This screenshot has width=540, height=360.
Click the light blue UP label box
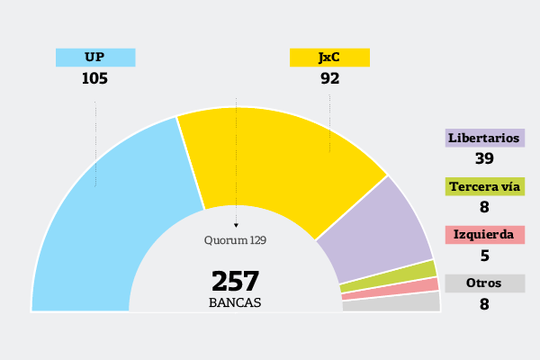(95, 58)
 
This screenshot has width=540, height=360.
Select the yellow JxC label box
(329, 58)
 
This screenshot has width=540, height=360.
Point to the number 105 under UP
(94, 78)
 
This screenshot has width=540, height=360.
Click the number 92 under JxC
(329, 78)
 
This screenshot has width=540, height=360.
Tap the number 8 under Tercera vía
(484, 207)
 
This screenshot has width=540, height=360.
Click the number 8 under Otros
(484, 304)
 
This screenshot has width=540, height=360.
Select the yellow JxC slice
(279, 162)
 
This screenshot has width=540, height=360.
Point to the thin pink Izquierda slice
(391, 290)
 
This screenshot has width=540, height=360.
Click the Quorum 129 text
(235, 240)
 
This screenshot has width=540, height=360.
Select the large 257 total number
(235, 281)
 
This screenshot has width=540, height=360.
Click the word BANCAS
(235, 303)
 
